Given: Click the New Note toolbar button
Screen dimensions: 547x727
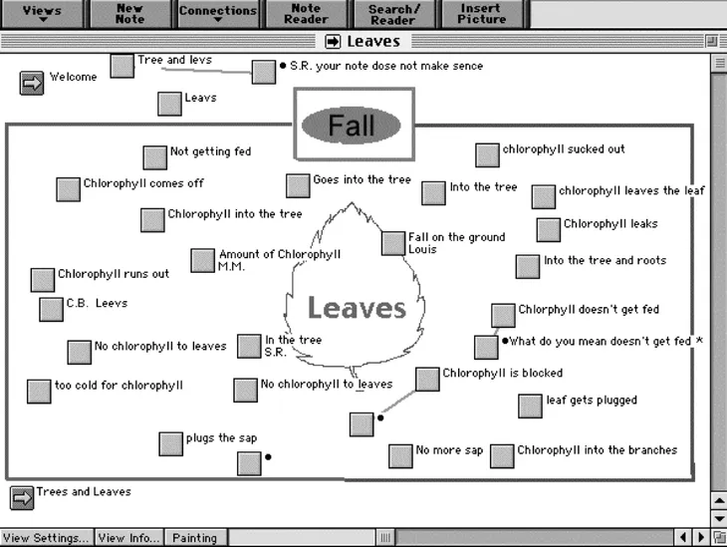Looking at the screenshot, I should pos(129,13).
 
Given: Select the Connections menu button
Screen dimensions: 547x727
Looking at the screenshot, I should pos(218,13).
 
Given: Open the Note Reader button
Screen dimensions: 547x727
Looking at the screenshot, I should pos(306,13).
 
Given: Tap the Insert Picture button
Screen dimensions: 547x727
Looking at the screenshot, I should pos(481,13).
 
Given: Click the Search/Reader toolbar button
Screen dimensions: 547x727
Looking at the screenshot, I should pos(393,13).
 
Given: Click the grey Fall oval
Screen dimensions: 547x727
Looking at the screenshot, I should pos(352,125).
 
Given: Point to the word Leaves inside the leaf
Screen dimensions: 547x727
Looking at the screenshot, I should pos(357,309).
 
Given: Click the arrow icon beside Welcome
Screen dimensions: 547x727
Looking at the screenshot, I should pos(32,83).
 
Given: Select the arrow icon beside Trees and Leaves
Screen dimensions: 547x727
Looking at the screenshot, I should pos(21,496).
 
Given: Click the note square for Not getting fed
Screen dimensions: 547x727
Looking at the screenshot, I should pos(154,157).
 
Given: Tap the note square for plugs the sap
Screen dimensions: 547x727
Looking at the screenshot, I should pos(170,443).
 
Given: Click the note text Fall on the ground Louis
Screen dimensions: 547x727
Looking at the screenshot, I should pos(456,243).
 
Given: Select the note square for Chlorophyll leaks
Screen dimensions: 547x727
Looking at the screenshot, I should pos(549,229).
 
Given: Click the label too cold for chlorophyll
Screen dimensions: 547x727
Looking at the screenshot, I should pos(119,386).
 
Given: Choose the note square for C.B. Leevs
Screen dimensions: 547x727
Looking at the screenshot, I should pos(51,309).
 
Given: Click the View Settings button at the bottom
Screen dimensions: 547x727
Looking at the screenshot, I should pos(45,538).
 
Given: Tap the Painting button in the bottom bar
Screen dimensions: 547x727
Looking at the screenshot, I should pos(194,538).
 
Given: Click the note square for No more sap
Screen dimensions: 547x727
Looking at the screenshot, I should pos(400,455).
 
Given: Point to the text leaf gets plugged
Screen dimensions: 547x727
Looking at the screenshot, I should pos(592,401).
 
